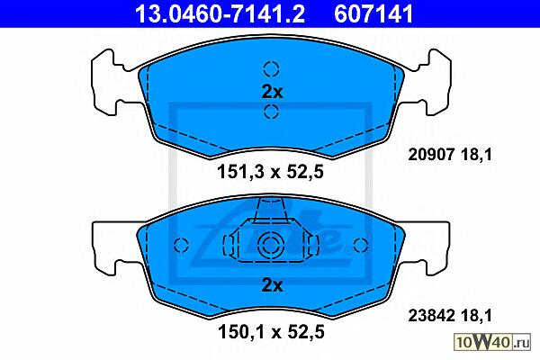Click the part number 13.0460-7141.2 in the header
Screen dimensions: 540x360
pyautogui.click(x=220, y=13)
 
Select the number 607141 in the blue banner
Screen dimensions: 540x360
pyautogui.click(x=373, y=13)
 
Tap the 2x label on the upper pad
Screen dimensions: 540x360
pyautogui.click(x=272, y=92)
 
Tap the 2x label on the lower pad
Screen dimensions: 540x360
pyautogui.click(x=272, y=285)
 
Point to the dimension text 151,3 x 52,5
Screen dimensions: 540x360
pyautogui.click(x=270, y=172)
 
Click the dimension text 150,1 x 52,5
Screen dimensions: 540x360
pyautogui.click(x=271, y=332)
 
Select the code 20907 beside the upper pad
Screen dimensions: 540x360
pyautogui.click(x=431, y=154)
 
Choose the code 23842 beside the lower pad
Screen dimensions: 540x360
pyautogui.click(x=431, y=315)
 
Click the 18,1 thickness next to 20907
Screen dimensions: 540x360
pyautogui.click(x=476, y=154)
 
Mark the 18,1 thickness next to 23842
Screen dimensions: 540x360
pyautogui.click(x=476, y=315)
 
